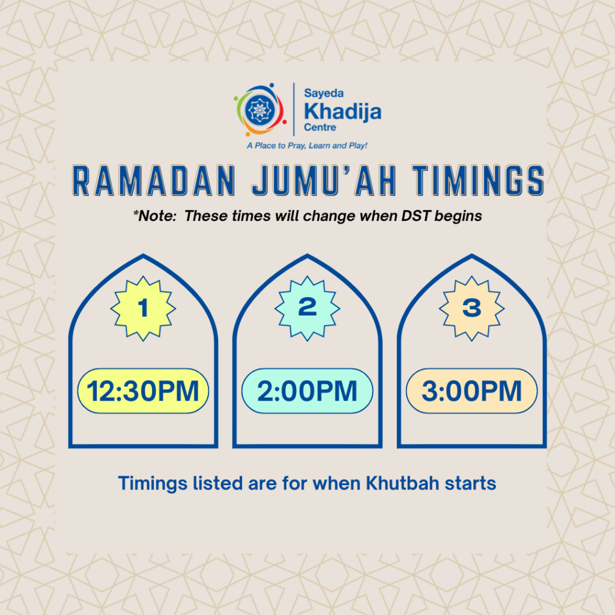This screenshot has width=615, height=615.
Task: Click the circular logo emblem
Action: click(x=260, y=109)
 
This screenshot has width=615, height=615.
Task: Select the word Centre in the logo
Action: click(x=320, y=127)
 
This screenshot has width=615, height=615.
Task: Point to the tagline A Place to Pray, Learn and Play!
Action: click(x=307, y=145)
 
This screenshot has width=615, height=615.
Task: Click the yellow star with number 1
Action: click(x=143, y=308)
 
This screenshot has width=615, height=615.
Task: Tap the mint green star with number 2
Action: click(x=307, y=308)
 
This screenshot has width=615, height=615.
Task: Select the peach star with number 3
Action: click(x=471, y=308)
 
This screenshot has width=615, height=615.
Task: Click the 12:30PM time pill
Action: click(x=143, y=391)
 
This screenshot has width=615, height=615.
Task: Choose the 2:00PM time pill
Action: click(x=307, y=391)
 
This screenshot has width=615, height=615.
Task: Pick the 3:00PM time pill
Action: click(x=471, y=391)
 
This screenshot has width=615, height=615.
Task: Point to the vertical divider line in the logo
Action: click(x=293, y=109)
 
